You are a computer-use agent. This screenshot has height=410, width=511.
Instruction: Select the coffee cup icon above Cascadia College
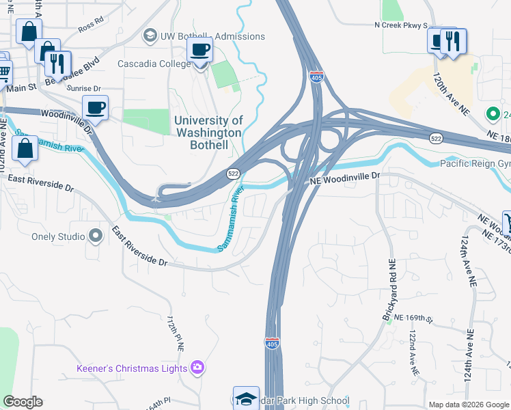199,49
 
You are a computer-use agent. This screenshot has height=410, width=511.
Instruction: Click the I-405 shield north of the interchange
316,77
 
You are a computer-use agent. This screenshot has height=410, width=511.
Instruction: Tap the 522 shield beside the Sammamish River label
233,175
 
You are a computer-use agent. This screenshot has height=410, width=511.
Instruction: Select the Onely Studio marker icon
96,236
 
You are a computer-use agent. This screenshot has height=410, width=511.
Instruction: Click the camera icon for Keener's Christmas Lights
197,368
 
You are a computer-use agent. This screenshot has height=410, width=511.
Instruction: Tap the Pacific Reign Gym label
474,163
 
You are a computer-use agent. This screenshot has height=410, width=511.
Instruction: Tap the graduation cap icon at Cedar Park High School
246,398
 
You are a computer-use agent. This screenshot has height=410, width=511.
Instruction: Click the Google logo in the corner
23,402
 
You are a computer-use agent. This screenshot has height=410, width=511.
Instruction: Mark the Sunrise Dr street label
83,88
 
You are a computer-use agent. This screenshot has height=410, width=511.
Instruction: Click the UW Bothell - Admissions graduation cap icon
150,36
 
